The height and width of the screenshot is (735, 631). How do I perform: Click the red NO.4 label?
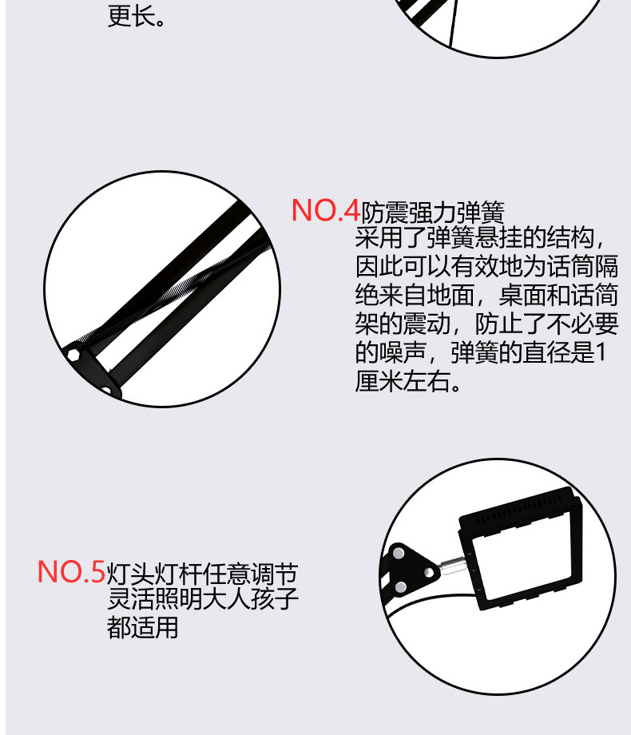coord(326,210)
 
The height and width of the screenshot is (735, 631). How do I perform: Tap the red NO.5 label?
coord(71,572)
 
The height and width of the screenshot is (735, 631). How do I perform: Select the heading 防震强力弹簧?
coord(433,213)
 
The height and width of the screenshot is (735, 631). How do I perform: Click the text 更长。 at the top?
coord(137,16)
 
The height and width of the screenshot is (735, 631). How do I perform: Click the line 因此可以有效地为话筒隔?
coord(486,267)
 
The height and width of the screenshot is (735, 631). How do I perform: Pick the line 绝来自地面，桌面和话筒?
coord(486,296)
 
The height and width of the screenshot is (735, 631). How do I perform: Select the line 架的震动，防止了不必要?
coord(486,324)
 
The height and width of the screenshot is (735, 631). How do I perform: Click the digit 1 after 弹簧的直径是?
coord(601,352)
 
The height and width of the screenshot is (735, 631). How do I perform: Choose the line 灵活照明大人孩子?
coord(202,600)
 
